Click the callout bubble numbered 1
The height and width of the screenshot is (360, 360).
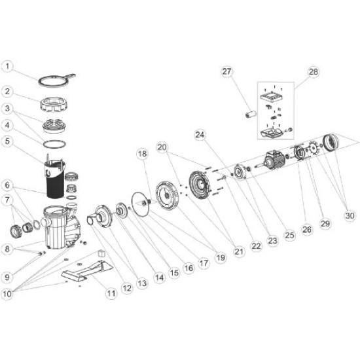tap(8, 66)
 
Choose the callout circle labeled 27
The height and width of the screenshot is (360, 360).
tap(226, 71)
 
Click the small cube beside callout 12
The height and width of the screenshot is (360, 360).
tap(101, 252)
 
